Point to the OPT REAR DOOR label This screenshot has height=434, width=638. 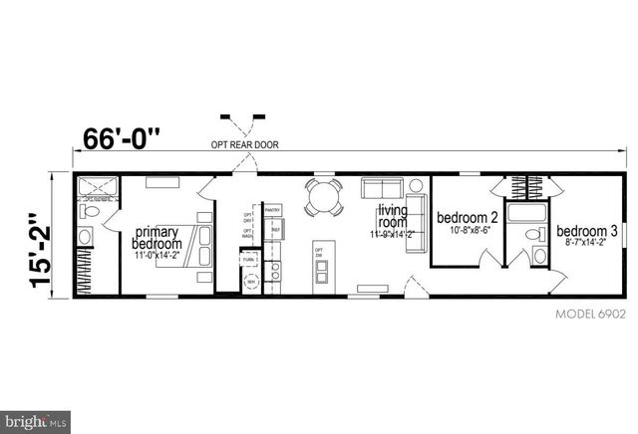click(245, 144)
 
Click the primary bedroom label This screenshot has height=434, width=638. click(158, 238)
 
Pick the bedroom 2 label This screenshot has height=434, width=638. click(468, 217)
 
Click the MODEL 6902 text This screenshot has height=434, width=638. click(589, 314)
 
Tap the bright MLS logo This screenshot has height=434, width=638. click(36, 422)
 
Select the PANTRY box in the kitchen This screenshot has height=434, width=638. click(273, 210)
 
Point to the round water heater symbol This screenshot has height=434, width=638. click(250, 281)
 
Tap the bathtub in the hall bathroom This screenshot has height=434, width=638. click(526, 211)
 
